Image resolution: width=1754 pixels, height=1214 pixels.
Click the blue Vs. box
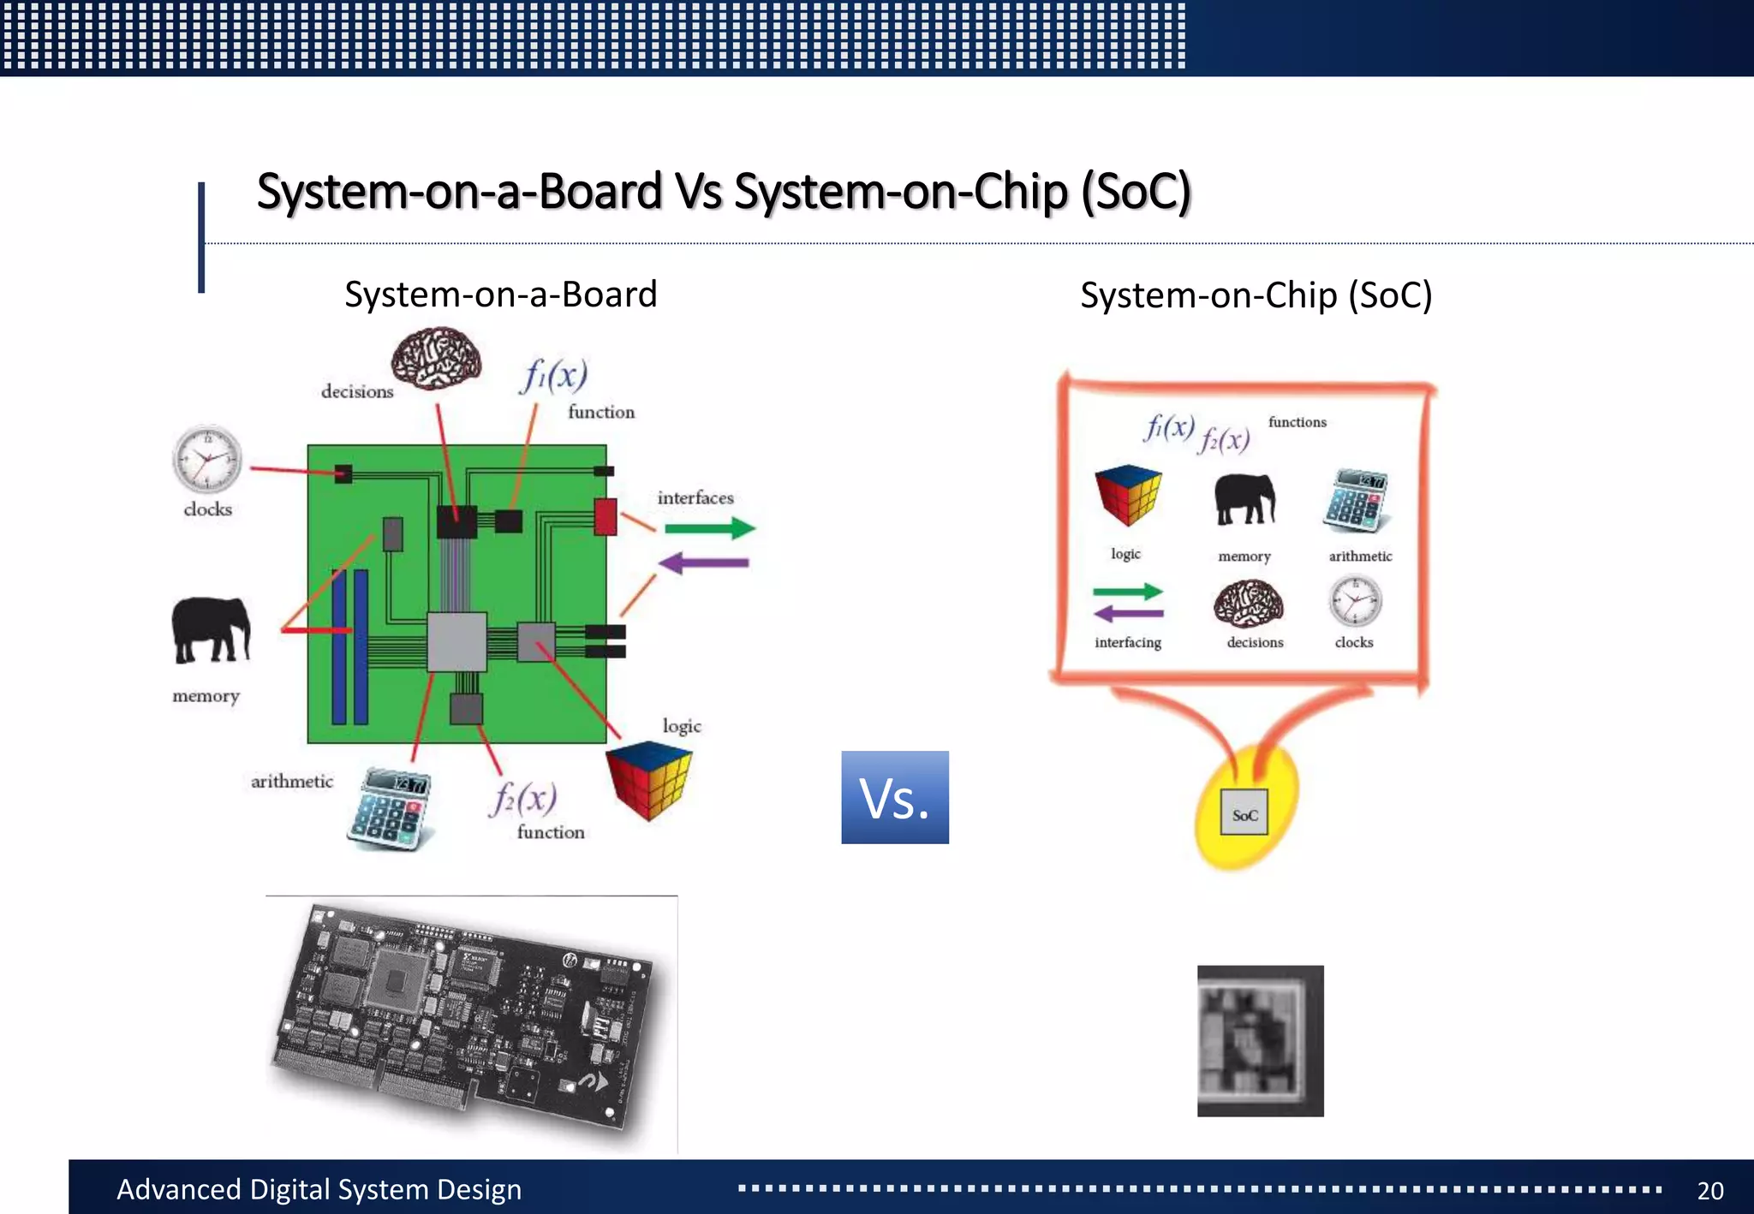point(894,797)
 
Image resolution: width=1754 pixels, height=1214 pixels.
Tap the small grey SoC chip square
point(1244,813)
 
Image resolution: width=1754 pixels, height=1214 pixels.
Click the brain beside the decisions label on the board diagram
point(436,358)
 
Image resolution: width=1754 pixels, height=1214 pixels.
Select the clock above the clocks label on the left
point(207,459)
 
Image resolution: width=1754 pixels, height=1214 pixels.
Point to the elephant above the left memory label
point(211,629)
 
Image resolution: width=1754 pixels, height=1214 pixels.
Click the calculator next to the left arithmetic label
point(390,807)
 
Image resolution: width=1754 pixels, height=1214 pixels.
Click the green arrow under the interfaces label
point(710,528)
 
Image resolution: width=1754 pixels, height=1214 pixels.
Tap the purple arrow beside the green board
point(704,563)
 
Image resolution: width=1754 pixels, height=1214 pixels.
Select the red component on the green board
point(606,516)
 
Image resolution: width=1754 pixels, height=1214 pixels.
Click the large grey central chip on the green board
point(456,641)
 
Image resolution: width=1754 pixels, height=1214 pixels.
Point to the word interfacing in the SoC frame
point(1127,642)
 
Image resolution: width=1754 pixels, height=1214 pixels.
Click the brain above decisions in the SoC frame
point(1249,603)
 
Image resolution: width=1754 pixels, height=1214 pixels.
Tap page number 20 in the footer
point(1709,1190)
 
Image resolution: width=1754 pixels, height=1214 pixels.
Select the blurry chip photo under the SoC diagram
point(1260,1040)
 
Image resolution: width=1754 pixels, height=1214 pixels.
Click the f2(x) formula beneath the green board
point(523,799)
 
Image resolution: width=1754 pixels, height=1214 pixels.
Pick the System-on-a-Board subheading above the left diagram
point(500,295)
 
